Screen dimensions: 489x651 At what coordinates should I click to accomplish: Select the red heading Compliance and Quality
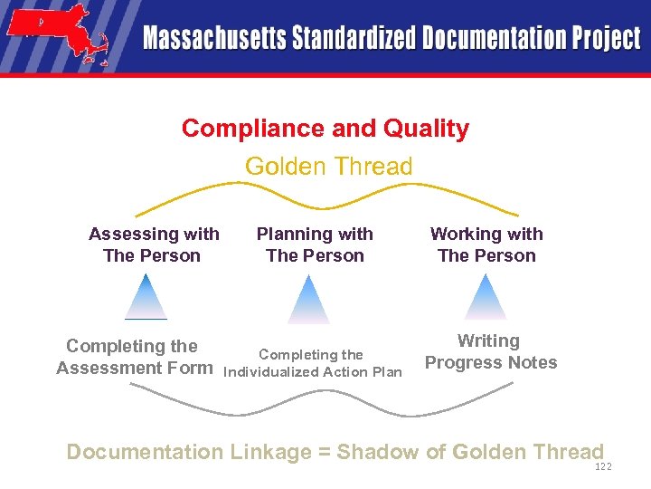tap(325, 129)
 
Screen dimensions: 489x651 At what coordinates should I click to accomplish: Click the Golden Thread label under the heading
tap(328, 167)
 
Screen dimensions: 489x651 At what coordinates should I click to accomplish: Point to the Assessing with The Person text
tap(154, 244)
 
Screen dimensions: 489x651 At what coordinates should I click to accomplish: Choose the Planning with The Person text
tap(315, 244)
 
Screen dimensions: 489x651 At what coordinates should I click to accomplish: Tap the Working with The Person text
tap(486, 244)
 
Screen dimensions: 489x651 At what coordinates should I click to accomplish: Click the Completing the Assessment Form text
tap(134, 357)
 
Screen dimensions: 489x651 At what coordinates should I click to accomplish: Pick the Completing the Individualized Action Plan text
tap(312, 363)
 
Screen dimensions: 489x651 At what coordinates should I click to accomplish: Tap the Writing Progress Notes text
tap(490, 352)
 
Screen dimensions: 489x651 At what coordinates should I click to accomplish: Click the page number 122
tap(603, 466)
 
